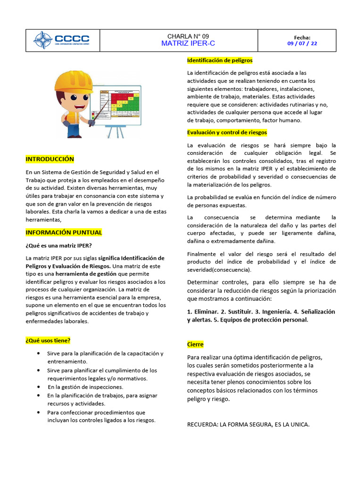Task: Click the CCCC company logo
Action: (61, 40)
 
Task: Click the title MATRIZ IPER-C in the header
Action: (188, 44)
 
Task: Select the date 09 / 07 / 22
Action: (302, 43)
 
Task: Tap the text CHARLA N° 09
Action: (188, 36)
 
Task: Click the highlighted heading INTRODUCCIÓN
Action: (50, 159)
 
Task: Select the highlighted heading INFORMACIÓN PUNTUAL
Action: (64, 233)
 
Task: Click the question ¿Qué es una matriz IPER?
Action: (59, 245)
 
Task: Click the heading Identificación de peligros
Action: (220, 60)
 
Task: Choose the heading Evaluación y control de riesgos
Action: (227, 132)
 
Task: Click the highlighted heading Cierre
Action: (195, 345)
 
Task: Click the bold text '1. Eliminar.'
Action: (203, 312)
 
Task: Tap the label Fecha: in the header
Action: (302, 37)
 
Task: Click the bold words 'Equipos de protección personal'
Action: (265, 320)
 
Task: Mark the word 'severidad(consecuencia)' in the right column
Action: (219, 270)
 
